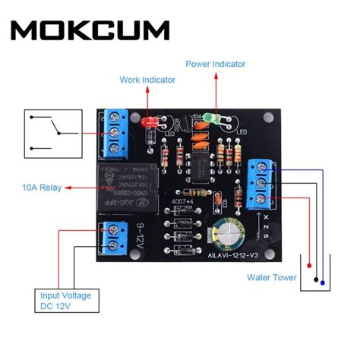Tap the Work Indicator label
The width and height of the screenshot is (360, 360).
147,79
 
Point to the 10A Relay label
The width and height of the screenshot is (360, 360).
35,186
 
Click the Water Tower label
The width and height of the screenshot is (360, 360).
272,277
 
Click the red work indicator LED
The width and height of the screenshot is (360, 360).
148,121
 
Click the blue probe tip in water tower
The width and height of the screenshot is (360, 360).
322,283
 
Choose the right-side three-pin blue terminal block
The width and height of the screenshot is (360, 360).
259,182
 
